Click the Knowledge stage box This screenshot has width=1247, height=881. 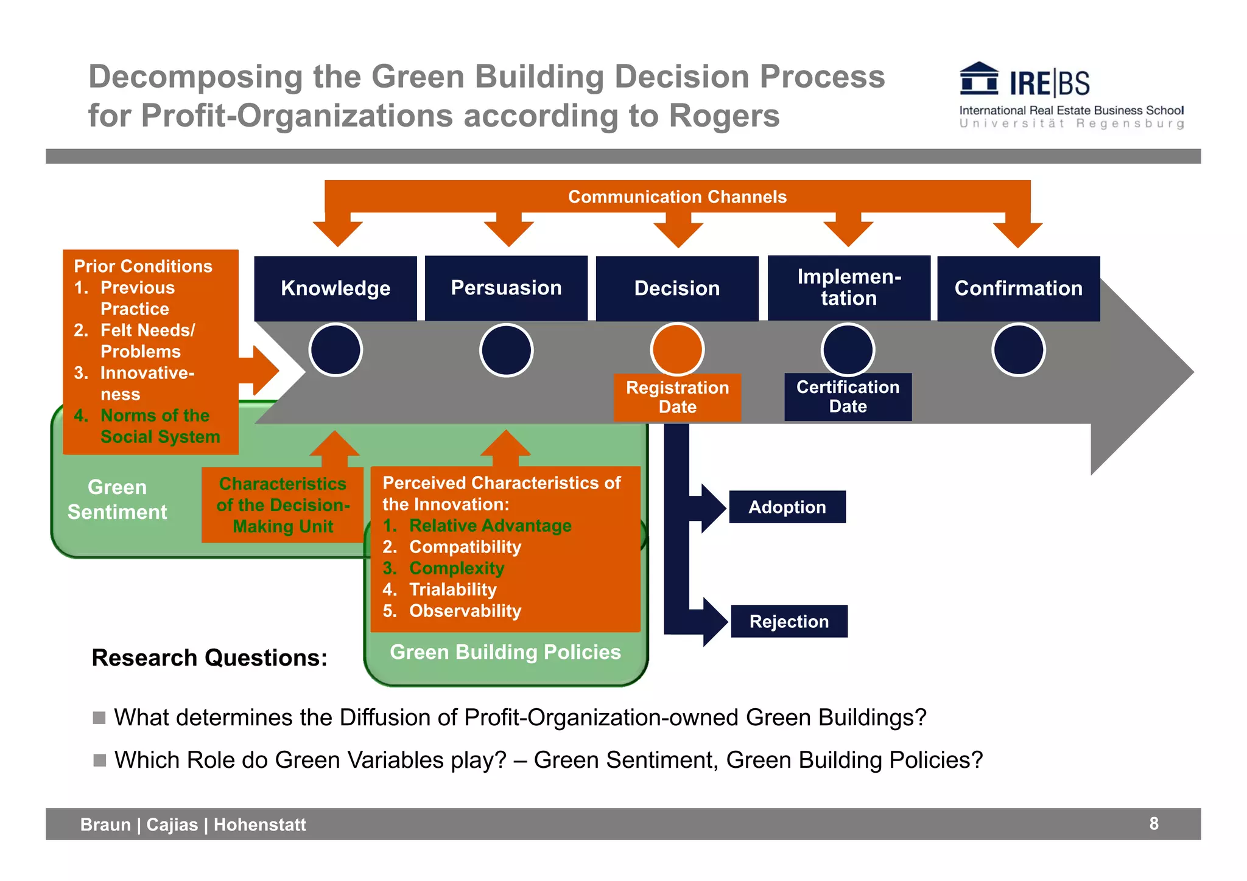point(335,288)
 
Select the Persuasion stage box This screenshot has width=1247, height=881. point(506,288)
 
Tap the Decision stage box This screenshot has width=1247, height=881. point(677,288)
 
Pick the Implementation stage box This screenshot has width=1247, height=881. point(849,288)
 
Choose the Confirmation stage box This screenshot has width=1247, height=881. point(1018,288)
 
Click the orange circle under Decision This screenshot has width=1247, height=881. point(677,350)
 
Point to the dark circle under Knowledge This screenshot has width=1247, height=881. point(335,350)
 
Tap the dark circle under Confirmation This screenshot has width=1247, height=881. point(1018,350)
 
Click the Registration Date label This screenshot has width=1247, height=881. point(677,397)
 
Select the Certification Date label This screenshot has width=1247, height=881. point(848,397)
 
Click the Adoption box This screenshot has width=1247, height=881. point(787,507)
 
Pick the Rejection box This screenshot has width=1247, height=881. point(789,621)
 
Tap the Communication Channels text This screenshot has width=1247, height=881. point(677,197)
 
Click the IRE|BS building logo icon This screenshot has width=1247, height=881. point(978,79)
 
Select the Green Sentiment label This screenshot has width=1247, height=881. point(117,500)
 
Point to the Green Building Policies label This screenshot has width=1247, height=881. point(505,652)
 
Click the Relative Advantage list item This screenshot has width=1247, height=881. point(490,526)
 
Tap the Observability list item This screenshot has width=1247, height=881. point(465,611)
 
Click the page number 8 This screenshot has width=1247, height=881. point(1153,824)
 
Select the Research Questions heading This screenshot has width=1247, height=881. point(209,658)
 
